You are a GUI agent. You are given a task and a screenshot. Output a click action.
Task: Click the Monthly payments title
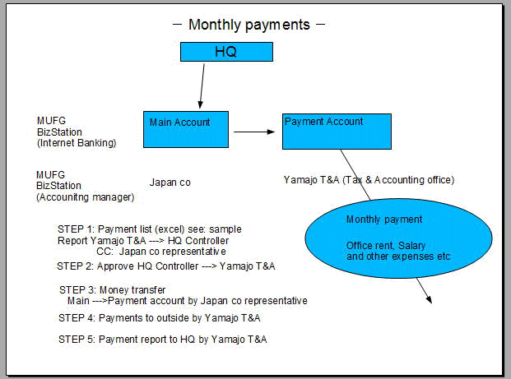(x=249, y=25)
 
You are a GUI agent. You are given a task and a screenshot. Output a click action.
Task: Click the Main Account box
(x=183, y=129)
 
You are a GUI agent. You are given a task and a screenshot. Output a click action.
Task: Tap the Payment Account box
(x=336, y=132)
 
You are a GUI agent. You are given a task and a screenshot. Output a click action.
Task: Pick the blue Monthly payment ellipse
(x=385, y=238)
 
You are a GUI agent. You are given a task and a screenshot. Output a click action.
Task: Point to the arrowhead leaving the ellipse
(x=426, y=297)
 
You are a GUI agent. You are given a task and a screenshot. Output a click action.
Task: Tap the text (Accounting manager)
(x=85, y=197)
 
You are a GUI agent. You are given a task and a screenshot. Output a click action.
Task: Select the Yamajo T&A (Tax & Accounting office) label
(x=368, y=180)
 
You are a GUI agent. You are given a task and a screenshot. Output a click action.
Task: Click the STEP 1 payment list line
(x=150, y=229)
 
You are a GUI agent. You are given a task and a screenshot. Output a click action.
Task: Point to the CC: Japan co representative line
(x=160, y=251)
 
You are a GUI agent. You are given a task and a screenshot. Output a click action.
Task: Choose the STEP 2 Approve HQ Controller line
(x=165, y=266)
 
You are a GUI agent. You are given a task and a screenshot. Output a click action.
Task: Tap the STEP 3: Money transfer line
(x=112, y=290)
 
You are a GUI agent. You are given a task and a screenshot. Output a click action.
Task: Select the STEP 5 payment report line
(x=162, y=339)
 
